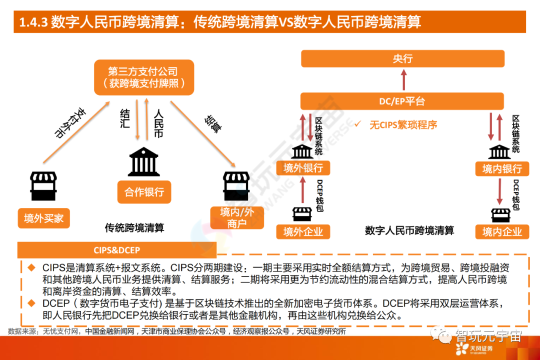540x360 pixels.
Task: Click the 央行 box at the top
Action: coord(402,59)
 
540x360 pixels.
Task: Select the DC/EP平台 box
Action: coord(402,101)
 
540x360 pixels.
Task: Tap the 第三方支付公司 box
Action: coord(143,77)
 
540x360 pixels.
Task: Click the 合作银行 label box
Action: coord(144,192)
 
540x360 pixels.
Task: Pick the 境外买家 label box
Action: coord(44,218)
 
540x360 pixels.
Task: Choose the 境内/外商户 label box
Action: coord(237,218)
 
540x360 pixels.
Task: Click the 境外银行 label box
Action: coord(303,168)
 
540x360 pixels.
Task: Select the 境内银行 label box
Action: coord(501,168)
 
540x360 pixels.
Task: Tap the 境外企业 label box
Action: coord(303,231)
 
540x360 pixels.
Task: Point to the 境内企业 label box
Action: coord(501,231)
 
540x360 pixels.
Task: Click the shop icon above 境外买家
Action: coord(44,186)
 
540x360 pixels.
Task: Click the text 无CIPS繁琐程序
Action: coord(402,125)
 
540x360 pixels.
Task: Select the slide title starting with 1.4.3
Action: coord(220,22)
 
